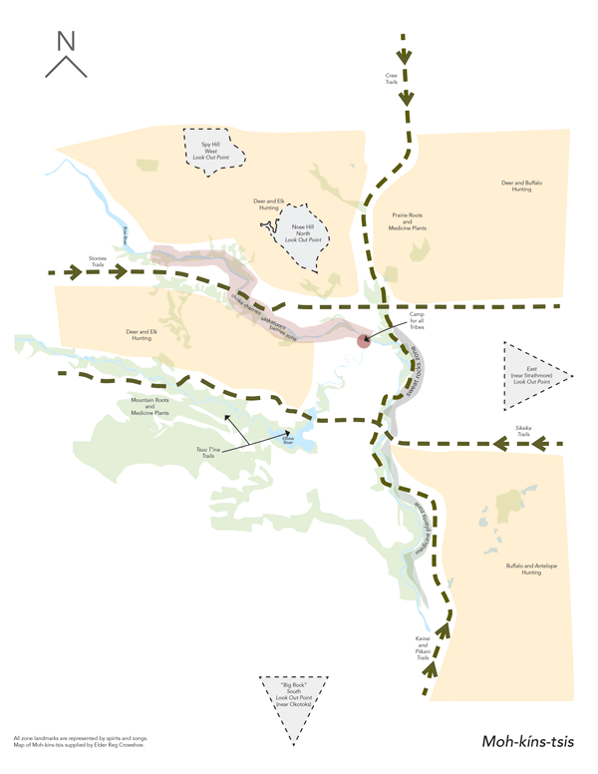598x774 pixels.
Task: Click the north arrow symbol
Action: click(65, 54)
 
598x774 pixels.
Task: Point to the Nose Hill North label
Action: click(303, 232)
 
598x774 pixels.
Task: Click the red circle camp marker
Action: click(364, 341)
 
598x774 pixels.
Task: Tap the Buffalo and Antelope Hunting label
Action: click(523, 570)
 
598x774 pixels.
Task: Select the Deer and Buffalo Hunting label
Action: click(521, 187)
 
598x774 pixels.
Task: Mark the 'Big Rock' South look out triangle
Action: click(290, 697)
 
